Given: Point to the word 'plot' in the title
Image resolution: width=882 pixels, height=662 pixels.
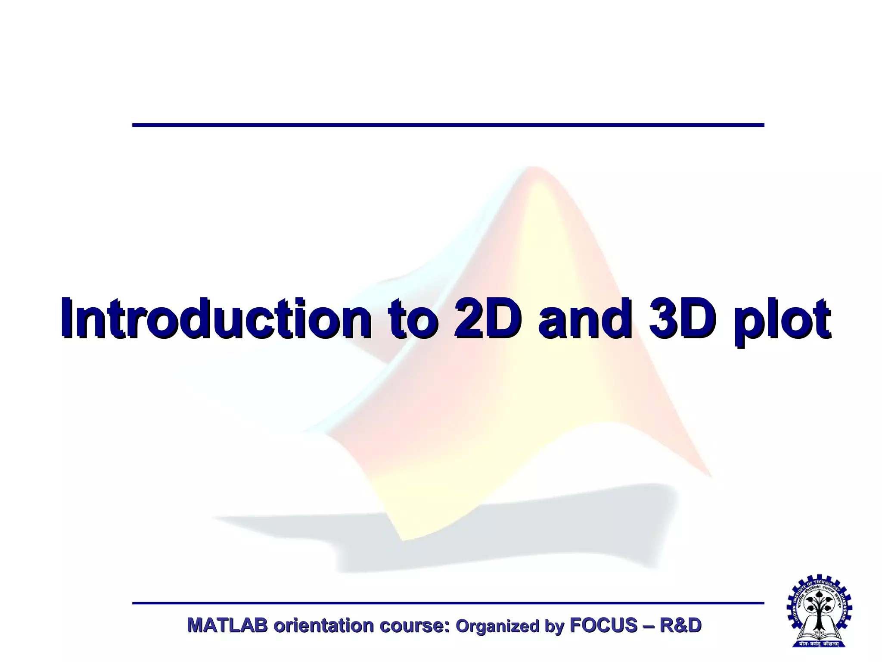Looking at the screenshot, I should (x=784, y=319).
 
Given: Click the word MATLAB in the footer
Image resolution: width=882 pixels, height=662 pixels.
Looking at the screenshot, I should (x=227, y=625).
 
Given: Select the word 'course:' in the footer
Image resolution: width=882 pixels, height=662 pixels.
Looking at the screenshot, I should (x=414, y=625).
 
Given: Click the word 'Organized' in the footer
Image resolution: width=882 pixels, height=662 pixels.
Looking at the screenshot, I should (x=497, y=626).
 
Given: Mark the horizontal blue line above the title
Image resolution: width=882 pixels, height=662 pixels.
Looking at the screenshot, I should (x=448, y=125).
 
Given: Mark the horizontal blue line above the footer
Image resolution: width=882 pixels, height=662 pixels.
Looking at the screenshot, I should (x=448, y=603).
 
